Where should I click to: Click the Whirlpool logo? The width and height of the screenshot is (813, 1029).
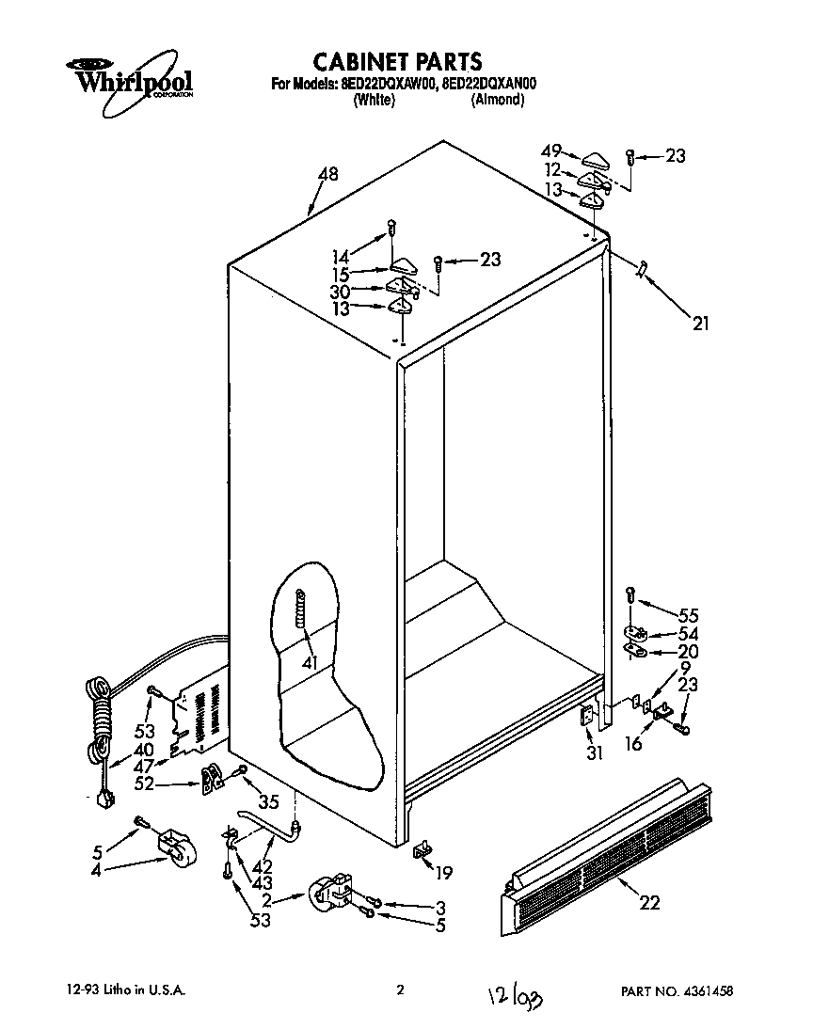(x=129, y=78)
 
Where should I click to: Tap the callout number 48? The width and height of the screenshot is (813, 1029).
(x=327, y=174)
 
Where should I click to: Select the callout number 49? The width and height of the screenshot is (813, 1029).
(x=551, y=150)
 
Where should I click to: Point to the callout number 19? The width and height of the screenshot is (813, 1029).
(x=443, y=873)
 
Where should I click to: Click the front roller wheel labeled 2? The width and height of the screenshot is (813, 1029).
(x=329, y=893)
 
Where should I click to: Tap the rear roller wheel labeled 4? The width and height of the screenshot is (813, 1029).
(x=172, y=846)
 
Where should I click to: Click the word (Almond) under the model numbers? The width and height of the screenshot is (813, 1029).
(x=497, y=100)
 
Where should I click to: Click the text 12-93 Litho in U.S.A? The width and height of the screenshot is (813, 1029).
(x=126, y=990)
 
